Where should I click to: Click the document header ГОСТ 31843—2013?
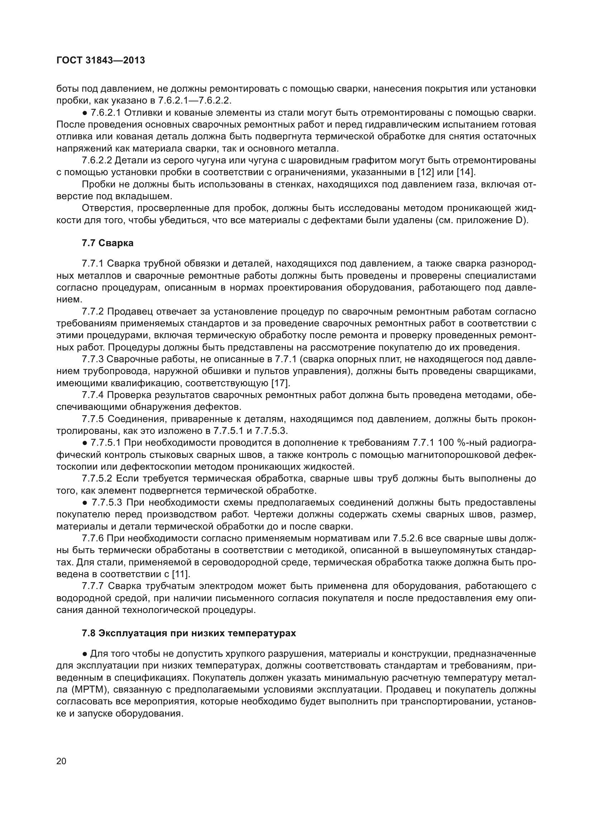[101, 60]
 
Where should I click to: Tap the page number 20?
[61, 761]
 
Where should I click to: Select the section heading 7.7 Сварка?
[108, 243]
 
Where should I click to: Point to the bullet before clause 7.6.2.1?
[85, 113]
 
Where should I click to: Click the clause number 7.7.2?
[93, 312]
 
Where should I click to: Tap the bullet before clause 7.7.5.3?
[85, 503]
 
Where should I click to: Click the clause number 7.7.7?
[93, 586]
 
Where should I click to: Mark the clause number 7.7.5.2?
[97, 479]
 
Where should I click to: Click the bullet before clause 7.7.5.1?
[85, 443]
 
